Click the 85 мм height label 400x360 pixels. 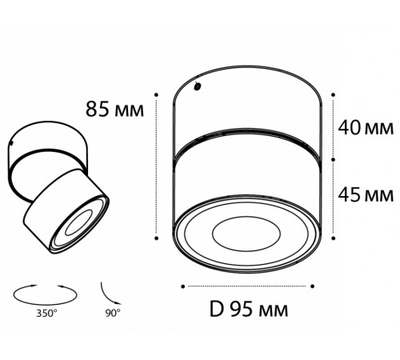[x=114, y=109]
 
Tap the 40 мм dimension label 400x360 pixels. [x=366, y=128]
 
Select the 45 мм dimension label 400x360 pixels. [x=366, y=195]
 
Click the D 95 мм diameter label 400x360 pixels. [x=249, y=310]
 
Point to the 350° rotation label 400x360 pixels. [x=47, y=314]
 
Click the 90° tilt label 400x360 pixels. [x=113, y=313]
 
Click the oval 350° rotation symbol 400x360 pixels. [x=45, y=294]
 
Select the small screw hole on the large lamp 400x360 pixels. [x=198, y=86]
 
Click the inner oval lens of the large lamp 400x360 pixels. [x=246, y=234]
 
